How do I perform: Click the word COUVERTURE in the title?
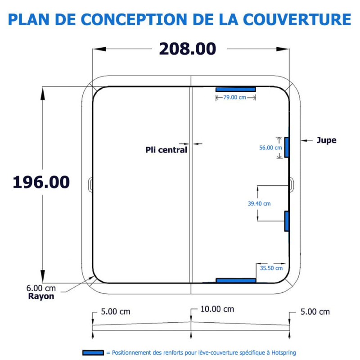point(297,19)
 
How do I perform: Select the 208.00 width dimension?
point(188,49)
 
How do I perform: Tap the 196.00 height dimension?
point(41,182)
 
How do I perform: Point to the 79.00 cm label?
point(234,97)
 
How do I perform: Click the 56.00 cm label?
point(270,148)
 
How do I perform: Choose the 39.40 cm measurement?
point(259,203)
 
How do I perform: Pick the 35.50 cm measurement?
point(271,268)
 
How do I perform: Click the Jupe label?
point(326,140)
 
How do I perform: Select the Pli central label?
point(166,150)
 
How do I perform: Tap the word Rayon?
point(41,296)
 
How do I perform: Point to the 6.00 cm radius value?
point(41,288)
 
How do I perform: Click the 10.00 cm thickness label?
point(217,309)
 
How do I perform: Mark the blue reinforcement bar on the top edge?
point(235,89)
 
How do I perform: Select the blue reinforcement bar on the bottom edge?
point(236,280)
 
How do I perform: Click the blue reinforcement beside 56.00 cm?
point(287,148)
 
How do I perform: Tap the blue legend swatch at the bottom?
point(93,353)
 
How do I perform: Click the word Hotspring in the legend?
point(283,353)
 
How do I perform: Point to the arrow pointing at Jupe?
point(307,140)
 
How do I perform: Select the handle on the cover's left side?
point(90,185)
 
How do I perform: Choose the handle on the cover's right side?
point(292,185)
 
